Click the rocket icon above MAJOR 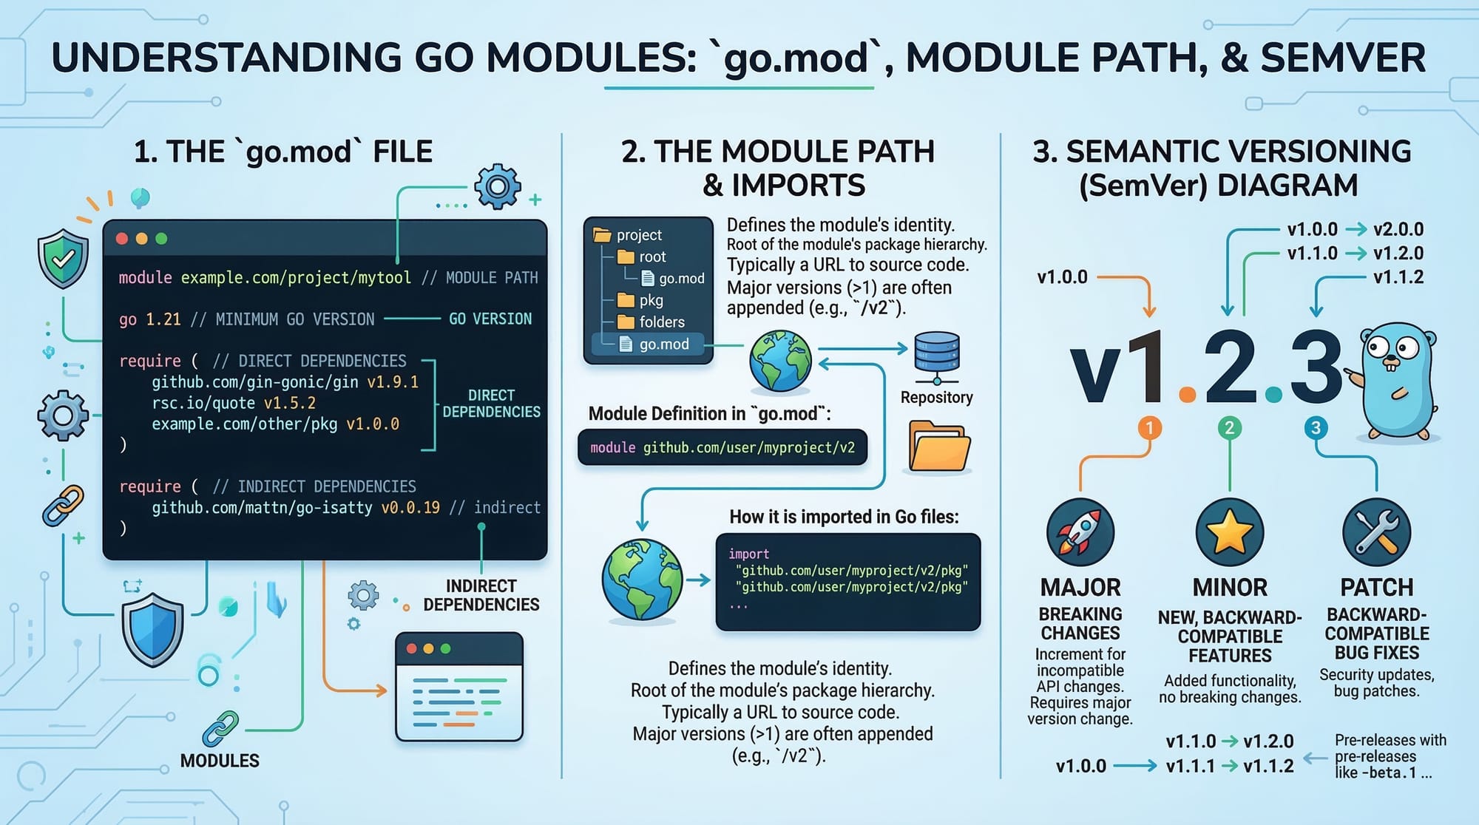click(1080, 532)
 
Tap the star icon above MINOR click(1230, 532)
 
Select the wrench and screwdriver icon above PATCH click(1376, 532)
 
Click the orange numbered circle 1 click(1149, 427)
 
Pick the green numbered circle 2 click(1229, 427)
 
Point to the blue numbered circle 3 click(1315, 427)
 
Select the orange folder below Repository click(939, 446)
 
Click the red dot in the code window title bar click(122, 239)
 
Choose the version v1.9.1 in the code click(393, 382)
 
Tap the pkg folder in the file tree click(640, 300)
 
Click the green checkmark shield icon click(63, 259)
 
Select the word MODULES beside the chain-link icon click(220, 761)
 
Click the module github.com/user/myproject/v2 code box click(722, 447)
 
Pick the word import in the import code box click(748, 554)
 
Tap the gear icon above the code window click(497, 186)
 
